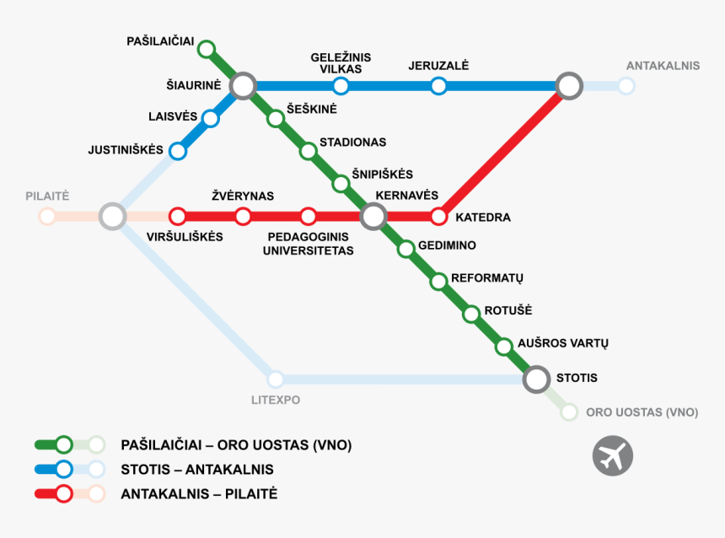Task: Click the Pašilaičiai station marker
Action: [x=207, y=49]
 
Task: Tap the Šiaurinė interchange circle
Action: [x=244, y=85]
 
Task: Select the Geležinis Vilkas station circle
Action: [x=341, y=85]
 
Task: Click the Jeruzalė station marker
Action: [x=438, y=85]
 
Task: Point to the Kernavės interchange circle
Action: [x=373, y=217]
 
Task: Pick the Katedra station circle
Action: [x=438, y=217]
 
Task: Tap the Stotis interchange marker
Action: [x=536, y=379]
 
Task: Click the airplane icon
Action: [x=612, y=455]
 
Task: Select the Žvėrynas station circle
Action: [x=243, y=217]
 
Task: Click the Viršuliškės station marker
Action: [x=178, y=217]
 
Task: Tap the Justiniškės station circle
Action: [x=178, y=151]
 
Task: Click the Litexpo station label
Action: [x=275, y=400]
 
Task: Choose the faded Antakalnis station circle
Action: [x=626, y=85]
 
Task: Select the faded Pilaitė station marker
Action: [x=47, y=217]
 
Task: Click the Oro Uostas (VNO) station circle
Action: [x=569, y=412]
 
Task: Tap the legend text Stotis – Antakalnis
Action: [x=197, y=469]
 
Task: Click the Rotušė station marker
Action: [x=471, y=314]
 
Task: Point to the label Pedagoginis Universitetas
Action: [x=308, y=244]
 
